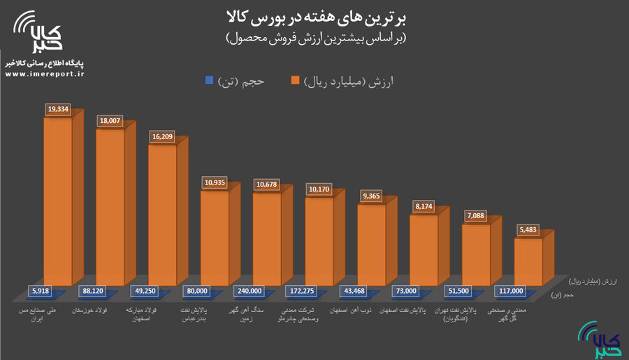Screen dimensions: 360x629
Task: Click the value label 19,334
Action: click(x=58, y=109)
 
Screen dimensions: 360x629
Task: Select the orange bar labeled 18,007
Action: click(x=110, y=210)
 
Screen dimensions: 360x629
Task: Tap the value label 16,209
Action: click(x=162, y=137)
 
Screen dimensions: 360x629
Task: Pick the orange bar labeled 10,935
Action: click(x=215, y=238)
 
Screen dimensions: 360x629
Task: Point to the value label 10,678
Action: click(x=267, y=185)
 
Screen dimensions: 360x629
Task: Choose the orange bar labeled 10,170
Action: click(x=319, y=241)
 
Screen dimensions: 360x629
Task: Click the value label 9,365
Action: click(x=371, y=196)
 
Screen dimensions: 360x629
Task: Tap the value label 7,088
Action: click(x=476, y=216)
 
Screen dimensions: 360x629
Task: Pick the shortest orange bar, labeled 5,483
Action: click(x=528, y=261)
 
